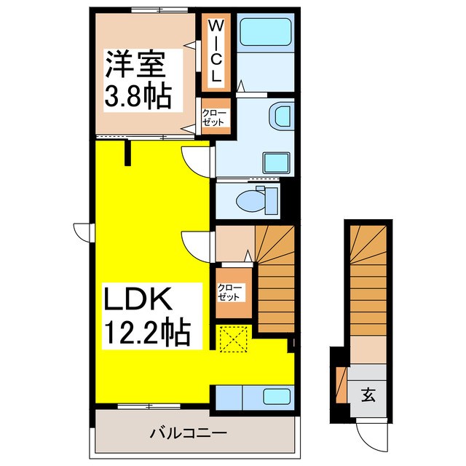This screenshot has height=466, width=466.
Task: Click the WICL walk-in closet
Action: click(x=216, y=50)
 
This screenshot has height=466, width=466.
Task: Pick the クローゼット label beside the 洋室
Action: click(x=216, y=116)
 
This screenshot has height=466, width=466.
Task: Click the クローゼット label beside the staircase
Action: click(x=232, y=293)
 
